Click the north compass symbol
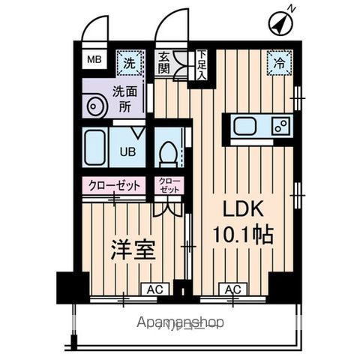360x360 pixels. tap(278, 25)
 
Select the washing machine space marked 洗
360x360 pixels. tap(130, 63)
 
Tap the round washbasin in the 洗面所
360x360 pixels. tap(95, 107)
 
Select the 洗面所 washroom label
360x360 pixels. tap(124, 99)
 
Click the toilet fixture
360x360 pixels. tap(169, 153)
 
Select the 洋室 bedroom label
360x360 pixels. tap(133, 250)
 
